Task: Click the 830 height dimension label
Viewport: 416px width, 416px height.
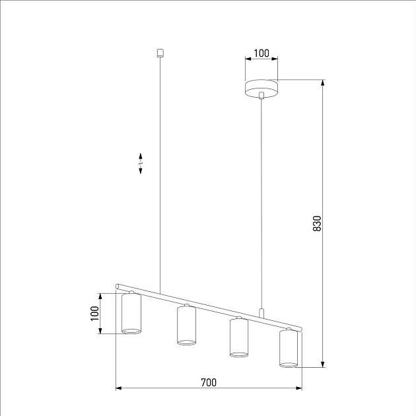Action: (x=317, y=224)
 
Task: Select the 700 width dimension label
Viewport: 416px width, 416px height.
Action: (x=209, y=382)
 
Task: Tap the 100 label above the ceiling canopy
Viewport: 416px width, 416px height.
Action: (x=261, y=52)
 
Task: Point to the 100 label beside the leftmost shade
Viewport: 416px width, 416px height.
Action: (x=95, y=313)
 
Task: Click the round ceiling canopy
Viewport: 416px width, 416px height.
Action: (x=261, y=88)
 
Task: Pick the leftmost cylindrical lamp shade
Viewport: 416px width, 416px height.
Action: (x=131, y=313)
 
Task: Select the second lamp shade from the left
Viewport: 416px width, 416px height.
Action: (x=187, y=325)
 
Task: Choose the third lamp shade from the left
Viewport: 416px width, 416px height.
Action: (x=238, y=337)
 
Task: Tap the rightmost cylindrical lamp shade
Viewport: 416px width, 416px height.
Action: (x=289, y=347)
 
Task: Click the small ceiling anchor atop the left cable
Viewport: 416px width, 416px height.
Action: (x=160, y=53)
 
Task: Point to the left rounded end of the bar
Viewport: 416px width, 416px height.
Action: (x=118, y=286)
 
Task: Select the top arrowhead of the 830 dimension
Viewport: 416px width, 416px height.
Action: (x=323, y=84)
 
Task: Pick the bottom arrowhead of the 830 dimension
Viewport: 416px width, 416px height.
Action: (x=323, y=363)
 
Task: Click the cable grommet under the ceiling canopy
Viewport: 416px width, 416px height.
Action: (x=261, y=96)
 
